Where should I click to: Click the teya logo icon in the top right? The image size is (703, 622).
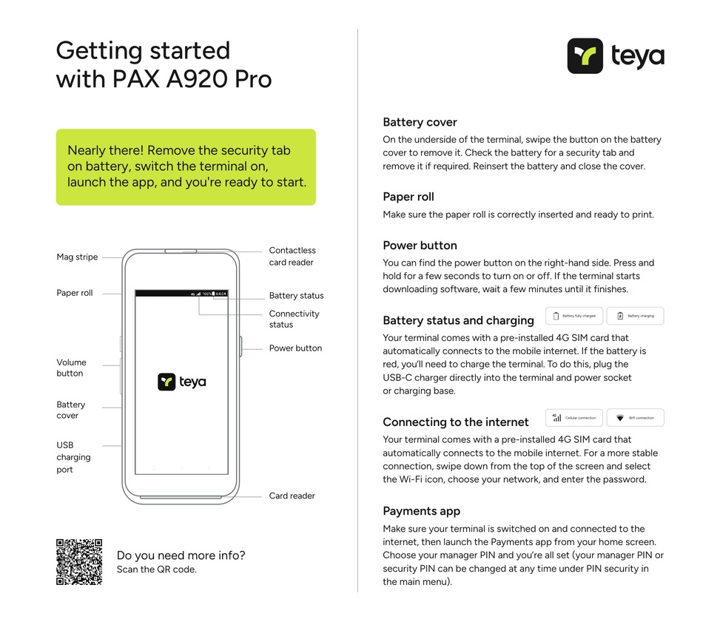[x=585, y=56]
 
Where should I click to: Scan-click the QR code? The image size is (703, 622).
[x=79, y=562]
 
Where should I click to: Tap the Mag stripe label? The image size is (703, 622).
[x=77, y=257]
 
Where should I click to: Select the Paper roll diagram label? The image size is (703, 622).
[x=75, y=293]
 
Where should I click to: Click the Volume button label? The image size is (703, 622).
[x=71, y=368]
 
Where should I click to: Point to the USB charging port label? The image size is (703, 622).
[x=73, y=457]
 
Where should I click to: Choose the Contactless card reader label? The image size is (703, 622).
[x=292, y=257]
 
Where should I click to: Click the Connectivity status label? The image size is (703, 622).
[x=294, y=319]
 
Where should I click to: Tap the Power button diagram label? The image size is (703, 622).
[x=295, y=348]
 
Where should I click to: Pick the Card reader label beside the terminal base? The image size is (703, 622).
[x=292, y=496]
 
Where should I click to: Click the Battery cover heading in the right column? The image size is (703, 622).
[x=420, y=122]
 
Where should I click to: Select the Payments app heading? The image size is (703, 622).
[x=421, y=511]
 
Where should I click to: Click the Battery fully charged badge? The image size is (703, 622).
[x=574, y=316]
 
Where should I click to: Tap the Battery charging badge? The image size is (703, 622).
[x=635, y=316]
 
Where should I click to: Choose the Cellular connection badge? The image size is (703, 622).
[x=574, y=418]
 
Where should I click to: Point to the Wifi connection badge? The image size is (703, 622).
[x=635, y=418]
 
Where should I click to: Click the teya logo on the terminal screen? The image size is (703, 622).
[x=181, y=382]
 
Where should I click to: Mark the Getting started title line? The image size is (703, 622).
[x=143, y=50]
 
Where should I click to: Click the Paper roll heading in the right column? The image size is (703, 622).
[x=408, y=197]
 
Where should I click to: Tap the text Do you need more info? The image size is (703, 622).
[x=181, y=555]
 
